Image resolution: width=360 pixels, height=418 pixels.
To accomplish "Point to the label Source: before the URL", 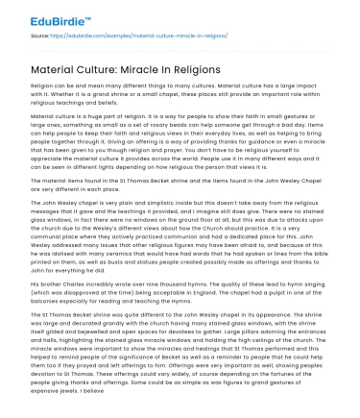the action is pos(38,33).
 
